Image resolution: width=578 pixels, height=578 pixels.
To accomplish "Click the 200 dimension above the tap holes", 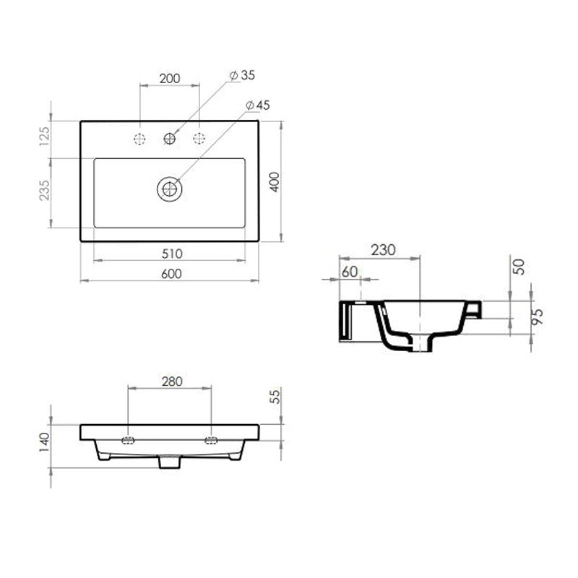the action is click(169, 77).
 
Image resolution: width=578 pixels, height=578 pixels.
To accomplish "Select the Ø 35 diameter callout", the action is click(243, 75).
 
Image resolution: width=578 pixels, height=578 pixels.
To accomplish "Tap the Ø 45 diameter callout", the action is click(258, 105).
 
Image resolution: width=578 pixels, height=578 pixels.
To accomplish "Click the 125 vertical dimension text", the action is click(45, 136).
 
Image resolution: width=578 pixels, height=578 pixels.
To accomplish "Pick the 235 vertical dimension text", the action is click(45, 191).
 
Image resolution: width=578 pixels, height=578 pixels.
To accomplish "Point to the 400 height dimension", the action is click(275, 181).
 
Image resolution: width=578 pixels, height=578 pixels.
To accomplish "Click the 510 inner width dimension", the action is click(171, 254).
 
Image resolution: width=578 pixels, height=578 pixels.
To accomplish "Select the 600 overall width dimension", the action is click(171, 273).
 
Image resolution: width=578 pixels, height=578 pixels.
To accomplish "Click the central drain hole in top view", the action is click(170, 189).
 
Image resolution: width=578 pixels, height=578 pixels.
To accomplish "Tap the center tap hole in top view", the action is click(170, 139).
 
